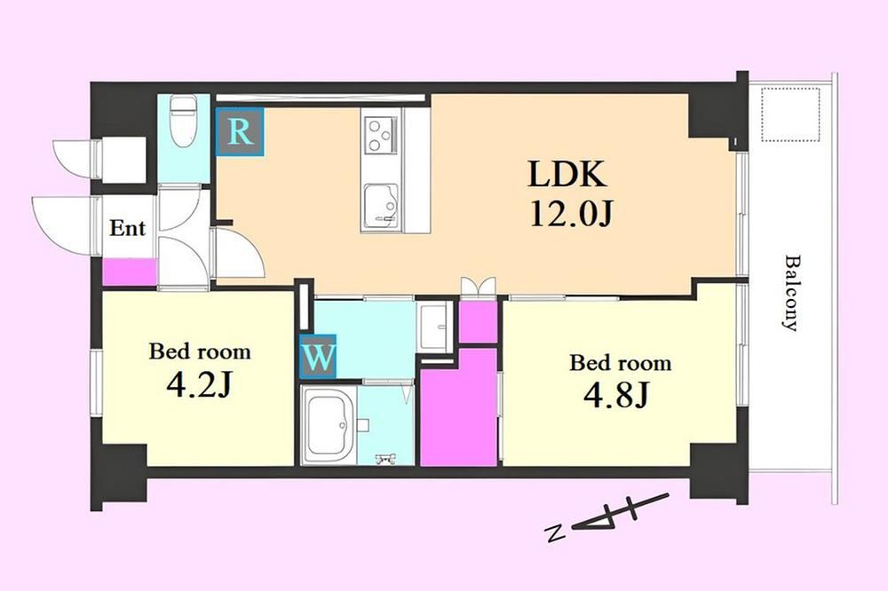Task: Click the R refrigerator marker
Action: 240,132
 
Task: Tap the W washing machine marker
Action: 318,357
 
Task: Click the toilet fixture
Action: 182,122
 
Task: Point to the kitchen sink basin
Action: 381,204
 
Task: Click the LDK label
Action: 567,174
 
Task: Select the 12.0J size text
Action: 570,213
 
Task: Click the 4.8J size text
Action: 615,395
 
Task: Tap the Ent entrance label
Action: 127,228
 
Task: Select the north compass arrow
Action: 620,513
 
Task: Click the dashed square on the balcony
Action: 790,115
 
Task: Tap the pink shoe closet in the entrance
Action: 130,272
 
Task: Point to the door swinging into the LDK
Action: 238,253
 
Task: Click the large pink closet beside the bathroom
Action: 459,407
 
